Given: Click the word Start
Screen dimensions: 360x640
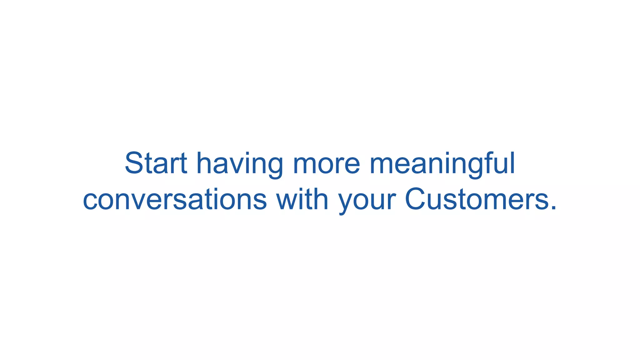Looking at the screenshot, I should coord(156,163).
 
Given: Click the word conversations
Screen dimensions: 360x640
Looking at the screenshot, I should coord(175,200).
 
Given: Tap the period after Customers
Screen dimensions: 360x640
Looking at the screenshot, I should coord(553,207).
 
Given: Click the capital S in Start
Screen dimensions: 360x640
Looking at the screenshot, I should coord(134,163).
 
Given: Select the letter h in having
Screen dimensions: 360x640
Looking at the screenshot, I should coord(205,163).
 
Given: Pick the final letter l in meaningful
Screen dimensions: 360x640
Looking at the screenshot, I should coord(512,163).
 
